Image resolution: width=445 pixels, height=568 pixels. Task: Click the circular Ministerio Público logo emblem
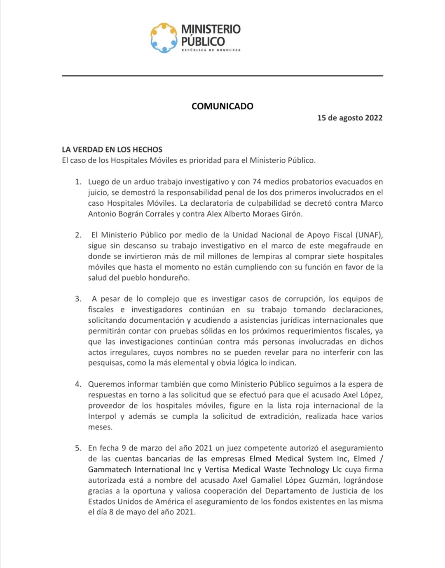[x=164, y=38]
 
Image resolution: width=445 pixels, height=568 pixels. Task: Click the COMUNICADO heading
[x=222, y=106]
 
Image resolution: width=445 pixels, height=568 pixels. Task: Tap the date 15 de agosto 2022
[x=350, y=118]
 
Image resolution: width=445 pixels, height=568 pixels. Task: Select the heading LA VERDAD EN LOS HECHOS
[x=112, y=150]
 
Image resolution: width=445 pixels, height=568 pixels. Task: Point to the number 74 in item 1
[x=256, y=182]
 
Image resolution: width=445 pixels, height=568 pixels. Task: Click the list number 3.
[x=78, y=299]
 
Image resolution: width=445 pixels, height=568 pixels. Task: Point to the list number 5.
[x=78, y=448]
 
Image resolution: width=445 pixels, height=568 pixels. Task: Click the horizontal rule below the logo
[x=222, y=76]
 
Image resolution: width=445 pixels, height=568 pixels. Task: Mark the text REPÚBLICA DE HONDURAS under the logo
[x=211, y=50]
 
